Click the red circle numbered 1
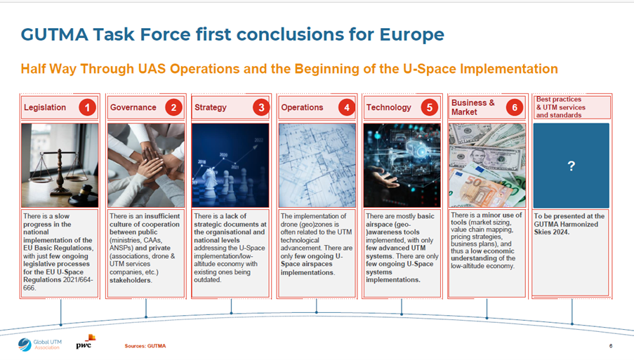pyautogui.click(x=87, y=107)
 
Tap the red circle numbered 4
pyautogui.click(x=347, y=107)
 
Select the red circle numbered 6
pyautogui.click(x=515, y=107)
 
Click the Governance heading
pyautogui.click(x=133, y=107)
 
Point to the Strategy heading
pyautogui.click(x=210, y=108)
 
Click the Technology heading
pyautogui.click(x=388, y=108)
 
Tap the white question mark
pyautogui.click(x=571, y=166)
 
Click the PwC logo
pyautogui.click(x=86, y=342)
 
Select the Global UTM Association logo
pyautogui.click(x=39, y=345)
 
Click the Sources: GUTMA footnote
pyautogui.click(x=145, y=346)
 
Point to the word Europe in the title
pyautogui.click(x=411, y=35)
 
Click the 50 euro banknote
pyautogui.click(x=482, y=189)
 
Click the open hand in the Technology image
pyautogui.click(x=383, y=177)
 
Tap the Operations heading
pyautogui.click(x=302, y=107)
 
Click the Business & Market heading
pyautogui.click(x=473, y=107)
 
